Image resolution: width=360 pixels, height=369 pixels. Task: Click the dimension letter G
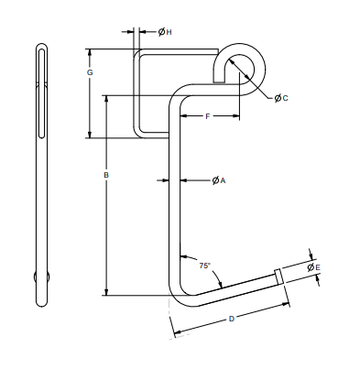click(89, 71)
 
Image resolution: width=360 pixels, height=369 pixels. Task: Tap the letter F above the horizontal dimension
click(208, 117)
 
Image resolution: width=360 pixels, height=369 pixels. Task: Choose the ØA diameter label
click(218, 180)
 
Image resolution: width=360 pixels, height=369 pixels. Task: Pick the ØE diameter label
click(313, 266)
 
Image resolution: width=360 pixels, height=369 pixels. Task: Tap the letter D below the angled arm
click(231, 319)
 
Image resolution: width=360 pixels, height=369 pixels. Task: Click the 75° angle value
click(204, 265)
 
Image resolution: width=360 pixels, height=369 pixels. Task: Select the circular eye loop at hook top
click(242, 65)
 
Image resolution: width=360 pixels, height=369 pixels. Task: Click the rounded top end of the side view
click(41, 47)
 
